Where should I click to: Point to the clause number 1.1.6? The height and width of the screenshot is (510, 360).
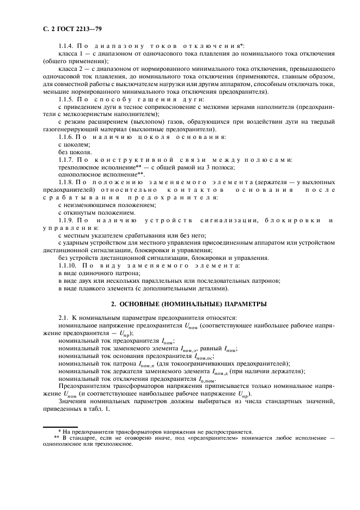click(66, 137)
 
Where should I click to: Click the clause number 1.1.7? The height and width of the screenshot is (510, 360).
click(66, 160)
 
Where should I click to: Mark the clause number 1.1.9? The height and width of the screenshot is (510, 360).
click(66, 220)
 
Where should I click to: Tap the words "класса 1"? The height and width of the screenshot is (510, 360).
click(71, 55)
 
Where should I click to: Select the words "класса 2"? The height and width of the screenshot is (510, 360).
click(71, 70)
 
